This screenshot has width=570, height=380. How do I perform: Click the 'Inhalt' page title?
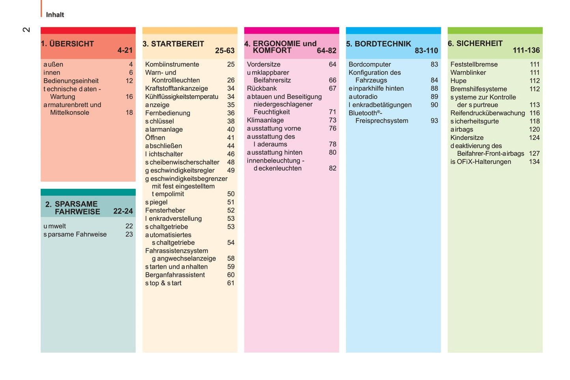click(55, 15)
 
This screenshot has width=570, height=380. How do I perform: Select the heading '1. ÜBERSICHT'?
click(67, 44)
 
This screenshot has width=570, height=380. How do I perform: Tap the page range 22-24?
click(123, 211)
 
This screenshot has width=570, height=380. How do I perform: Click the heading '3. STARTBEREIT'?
click(174, 44)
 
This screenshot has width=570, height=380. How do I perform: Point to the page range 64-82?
click(327, 50)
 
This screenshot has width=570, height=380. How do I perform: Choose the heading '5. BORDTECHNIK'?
click(379, 44)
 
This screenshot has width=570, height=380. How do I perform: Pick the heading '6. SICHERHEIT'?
click(475, 43)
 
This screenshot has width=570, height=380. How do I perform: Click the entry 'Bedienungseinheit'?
click(71, 81)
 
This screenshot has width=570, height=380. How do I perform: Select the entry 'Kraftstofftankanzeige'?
click(176, 88)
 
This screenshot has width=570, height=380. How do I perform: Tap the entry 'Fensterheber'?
click(165, 210)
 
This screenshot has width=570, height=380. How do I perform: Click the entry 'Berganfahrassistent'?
click(175, 275)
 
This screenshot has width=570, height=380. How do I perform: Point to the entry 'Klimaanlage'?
click(265, 120)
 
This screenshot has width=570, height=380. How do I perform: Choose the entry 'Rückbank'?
click(262, 88)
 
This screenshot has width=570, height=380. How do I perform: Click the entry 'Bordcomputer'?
click(370, 64)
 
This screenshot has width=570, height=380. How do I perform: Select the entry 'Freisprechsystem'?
click(381, 121)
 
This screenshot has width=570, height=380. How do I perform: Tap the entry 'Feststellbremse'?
click(474, 64)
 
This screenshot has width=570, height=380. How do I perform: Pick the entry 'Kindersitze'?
click(467, 138)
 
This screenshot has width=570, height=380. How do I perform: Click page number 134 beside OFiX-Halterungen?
click(534, 162)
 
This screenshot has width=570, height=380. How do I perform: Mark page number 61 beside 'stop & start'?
click(231, 283)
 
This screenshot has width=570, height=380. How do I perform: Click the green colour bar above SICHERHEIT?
click(495, 30)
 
